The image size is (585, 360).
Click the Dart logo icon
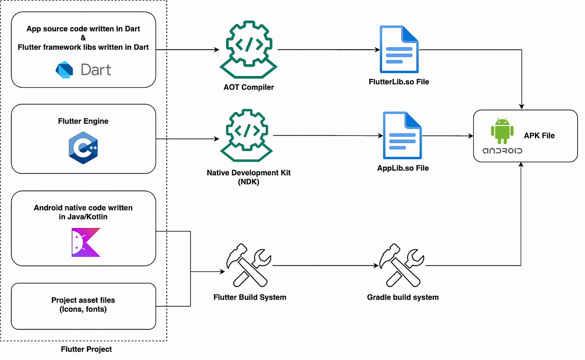64,69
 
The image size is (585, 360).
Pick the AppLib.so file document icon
402,135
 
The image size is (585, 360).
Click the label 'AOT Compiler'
246,88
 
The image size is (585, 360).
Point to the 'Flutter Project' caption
86,349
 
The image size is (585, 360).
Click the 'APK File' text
539,135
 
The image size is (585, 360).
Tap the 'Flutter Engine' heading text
83,121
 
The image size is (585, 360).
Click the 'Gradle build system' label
403,297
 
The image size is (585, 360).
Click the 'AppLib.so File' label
403,168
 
